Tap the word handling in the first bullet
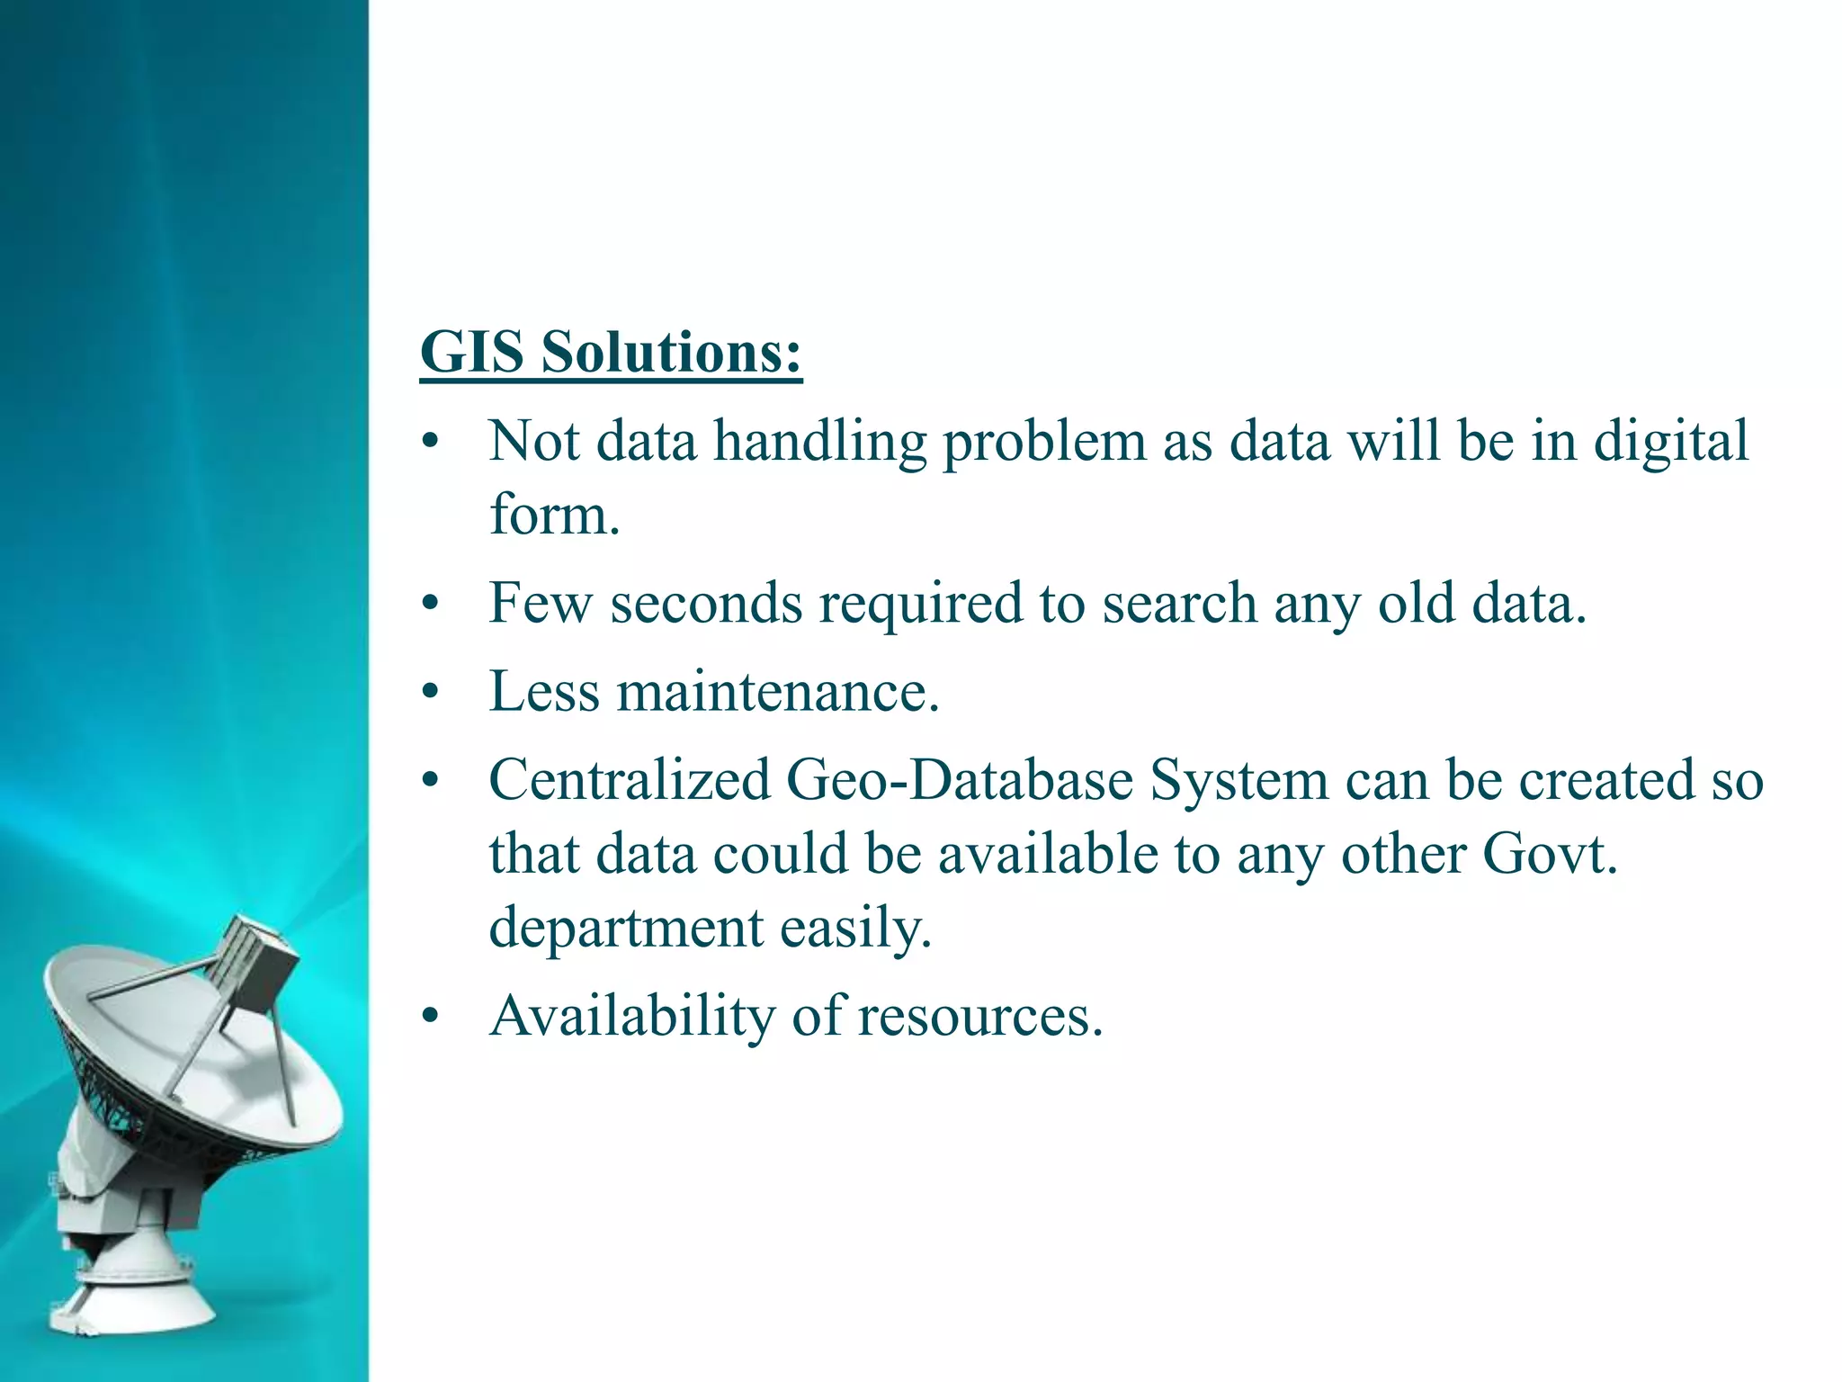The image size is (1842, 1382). [x=820, y=443]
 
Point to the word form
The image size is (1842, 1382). [x=554, y=516]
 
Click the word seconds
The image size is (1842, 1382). [x=706, y=603]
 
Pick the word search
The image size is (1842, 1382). [x=1179, y=603]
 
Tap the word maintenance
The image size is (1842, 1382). [x=778, y=692]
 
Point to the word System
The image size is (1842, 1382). [x=1239, y=781]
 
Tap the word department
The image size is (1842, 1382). [x=626, y=929]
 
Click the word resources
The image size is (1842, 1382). [x=979, y=1018]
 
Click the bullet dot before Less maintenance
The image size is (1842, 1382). [x=431, y=693]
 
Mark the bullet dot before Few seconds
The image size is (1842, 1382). [x=431, y=604]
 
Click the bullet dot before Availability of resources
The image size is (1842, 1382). [x=431, y=1018]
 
